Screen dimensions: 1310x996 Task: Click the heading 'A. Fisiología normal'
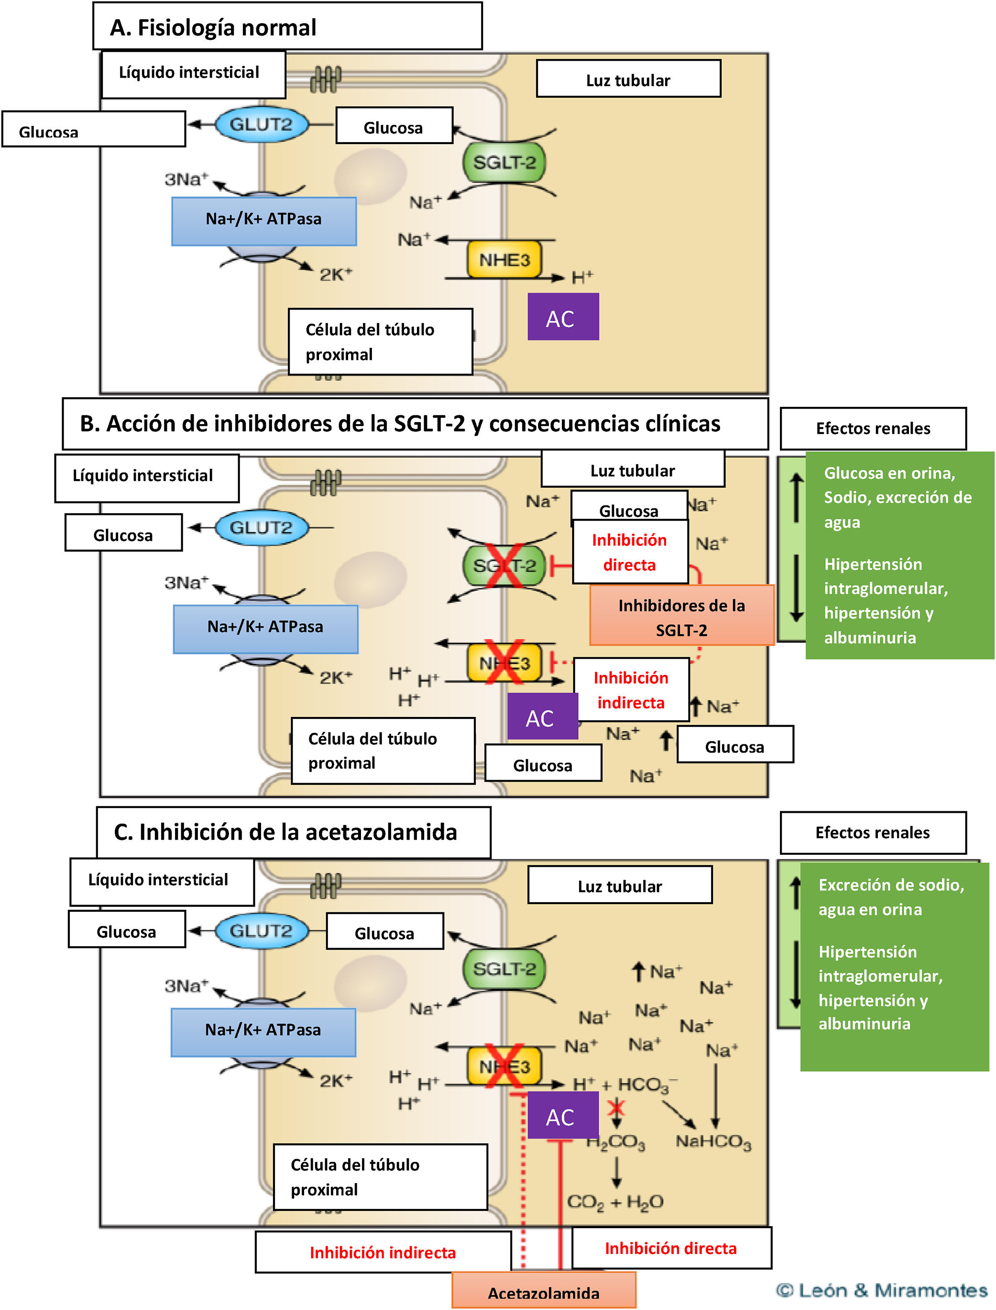(213, 28)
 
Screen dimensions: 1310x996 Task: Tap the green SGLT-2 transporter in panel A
(504, 162)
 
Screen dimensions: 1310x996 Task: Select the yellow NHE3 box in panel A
(504, 260)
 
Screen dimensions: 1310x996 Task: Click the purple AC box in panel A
(563, 317)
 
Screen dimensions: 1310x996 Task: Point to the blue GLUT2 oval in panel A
(262, 124)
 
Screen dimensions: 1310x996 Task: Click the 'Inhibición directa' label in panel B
(630, 552)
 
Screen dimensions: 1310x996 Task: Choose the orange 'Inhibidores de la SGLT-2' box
(682, 617)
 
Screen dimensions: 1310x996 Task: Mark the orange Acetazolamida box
(544, 1292)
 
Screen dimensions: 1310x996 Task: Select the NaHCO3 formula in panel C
(713, 1142)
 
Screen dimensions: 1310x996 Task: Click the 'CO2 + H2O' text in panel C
(615, 1202)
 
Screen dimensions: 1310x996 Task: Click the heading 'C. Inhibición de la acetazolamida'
(286, 832)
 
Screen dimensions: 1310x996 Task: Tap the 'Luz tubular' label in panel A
(628, 80)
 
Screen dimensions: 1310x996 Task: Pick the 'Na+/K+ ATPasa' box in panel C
(263, 1030)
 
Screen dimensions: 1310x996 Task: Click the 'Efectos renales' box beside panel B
(873, 428)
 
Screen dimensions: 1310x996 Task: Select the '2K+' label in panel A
(336, 275)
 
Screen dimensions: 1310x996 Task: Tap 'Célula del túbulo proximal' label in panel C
(380, 1177)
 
